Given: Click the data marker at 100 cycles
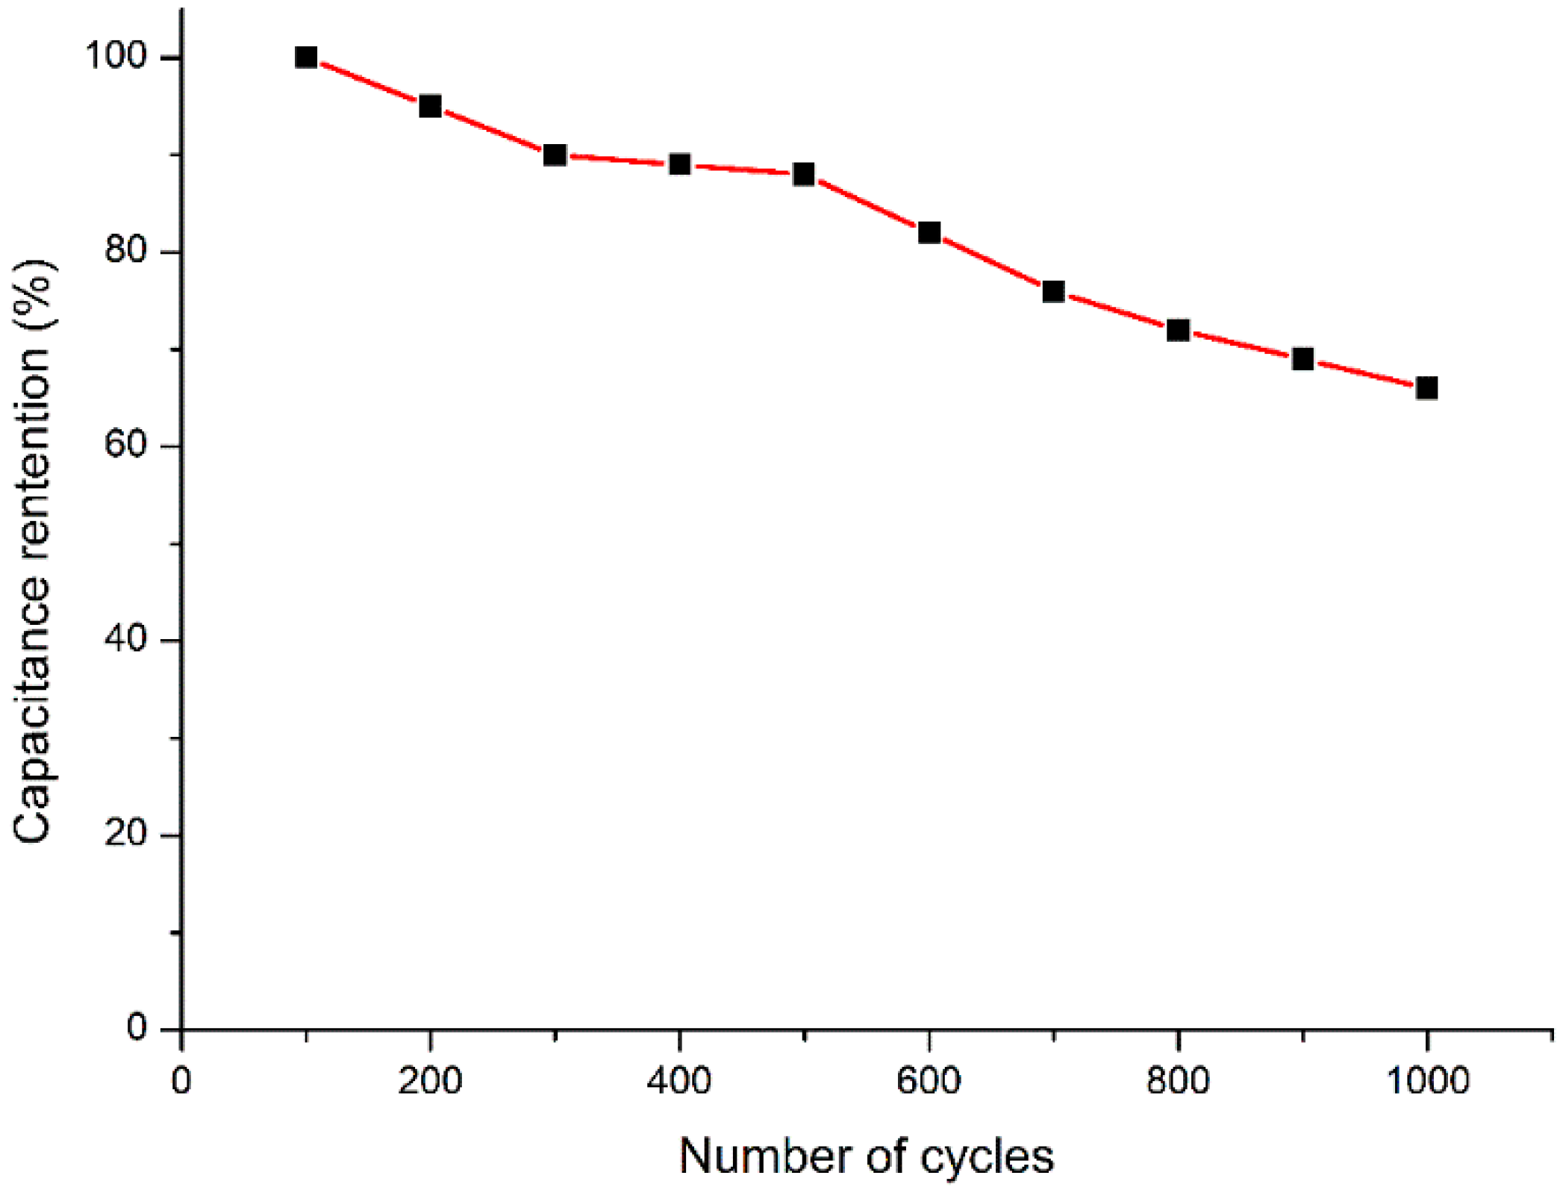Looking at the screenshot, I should click(x=306, y=57).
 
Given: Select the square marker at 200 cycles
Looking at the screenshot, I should click(x=430, y=106).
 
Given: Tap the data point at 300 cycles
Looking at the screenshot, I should click(x=555, y=155).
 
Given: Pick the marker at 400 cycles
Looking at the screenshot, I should click(x=679, y=164).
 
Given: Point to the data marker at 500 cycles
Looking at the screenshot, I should click(x=804, y=174).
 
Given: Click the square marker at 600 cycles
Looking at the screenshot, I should click(x=929, y=232).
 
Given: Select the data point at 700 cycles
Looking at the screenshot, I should click(x=1053, y=291).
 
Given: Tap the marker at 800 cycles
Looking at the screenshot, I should click(x=1178, y=330).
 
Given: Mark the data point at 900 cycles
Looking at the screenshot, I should click(x=1302, y=359).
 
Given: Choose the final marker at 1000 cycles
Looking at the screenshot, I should click(x=1426, y=388).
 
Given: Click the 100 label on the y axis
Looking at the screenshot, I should click(x=116, y=55).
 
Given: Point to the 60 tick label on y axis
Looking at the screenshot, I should click(x=125, y=445).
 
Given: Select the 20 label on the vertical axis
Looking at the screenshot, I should click(x=125, y=833).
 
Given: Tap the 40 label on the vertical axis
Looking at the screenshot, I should click(x=125, y=639).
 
